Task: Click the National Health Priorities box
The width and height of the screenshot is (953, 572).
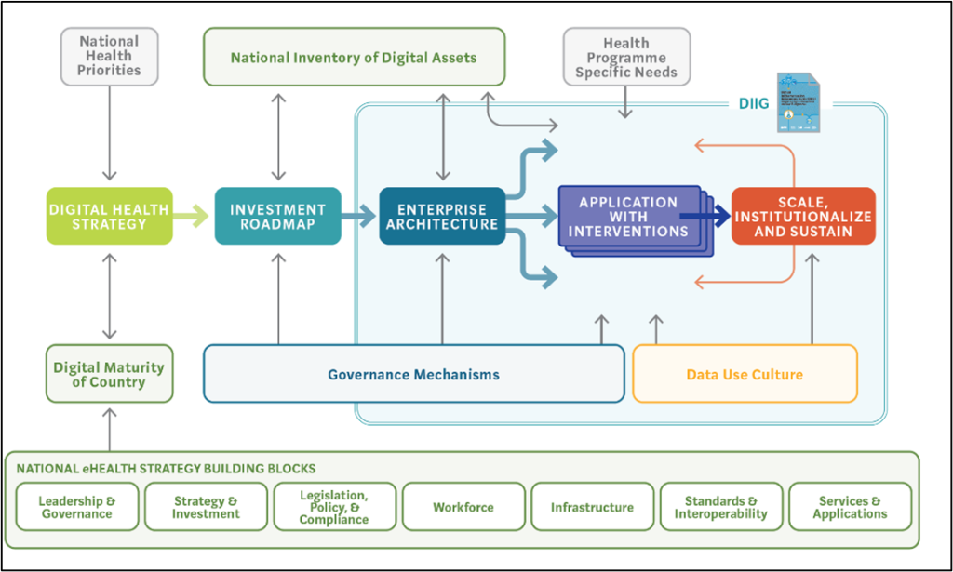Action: click(x=110, y=56)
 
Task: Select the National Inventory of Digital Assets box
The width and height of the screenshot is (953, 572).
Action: click(x=354, y=58)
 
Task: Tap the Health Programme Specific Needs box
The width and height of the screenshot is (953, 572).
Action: click(x=626, y=58)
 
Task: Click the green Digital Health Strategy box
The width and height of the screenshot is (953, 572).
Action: click(x=110, y=216)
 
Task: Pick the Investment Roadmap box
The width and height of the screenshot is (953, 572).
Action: click(x=277, y=216)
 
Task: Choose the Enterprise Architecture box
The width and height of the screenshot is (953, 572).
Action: click(x=442, y=216)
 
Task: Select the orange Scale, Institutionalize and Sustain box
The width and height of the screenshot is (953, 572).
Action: click(x=802, y=216)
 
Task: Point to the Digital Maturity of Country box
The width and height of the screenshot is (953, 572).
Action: click(x=109, y=374)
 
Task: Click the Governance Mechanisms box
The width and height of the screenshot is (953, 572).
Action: click(x=413, y=374)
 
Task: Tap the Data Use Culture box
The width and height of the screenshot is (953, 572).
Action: click(x=745, y=374)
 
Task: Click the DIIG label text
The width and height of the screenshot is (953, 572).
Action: click(x=752, y=104)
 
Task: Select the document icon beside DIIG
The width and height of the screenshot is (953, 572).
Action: click(x=799, y=102)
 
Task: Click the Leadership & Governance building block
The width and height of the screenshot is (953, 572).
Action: click(x=77, y=507)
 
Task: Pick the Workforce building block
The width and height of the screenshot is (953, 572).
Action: click(x=463, y=507)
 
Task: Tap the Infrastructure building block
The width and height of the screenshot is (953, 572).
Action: click(x=592, y=507)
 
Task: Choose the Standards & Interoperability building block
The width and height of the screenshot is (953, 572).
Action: click(x=721, y=507)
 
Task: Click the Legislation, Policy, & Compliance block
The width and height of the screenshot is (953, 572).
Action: click(x=334, y=507)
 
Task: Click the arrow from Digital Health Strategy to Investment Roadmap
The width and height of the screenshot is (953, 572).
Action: click(x=193, y=216)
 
